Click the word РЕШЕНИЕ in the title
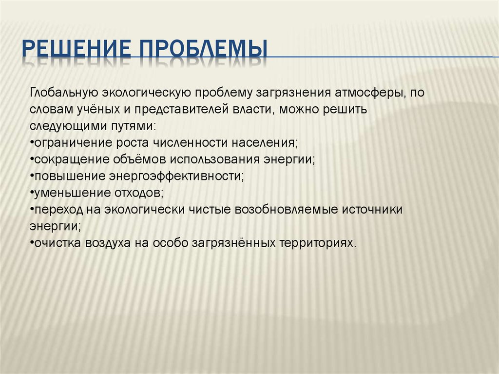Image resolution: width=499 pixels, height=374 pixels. tap(77, 49)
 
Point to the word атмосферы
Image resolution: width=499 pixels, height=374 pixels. tap(370, 93)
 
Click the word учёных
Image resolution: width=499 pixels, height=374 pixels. tap(98, 109)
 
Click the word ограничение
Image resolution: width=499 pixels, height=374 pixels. tap(73, 143)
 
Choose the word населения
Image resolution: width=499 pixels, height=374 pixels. tap(265, 142)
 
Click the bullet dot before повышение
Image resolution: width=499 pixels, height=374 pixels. tap(32, 176)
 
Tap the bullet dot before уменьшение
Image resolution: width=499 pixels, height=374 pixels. tap(32, 193)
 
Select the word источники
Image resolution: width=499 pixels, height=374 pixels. tap(372, 210)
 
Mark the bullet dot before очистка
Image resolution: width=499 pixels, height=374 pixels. tap(32, 242)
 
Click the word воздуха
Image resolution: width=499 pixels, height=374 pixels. tap(108, 243)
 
